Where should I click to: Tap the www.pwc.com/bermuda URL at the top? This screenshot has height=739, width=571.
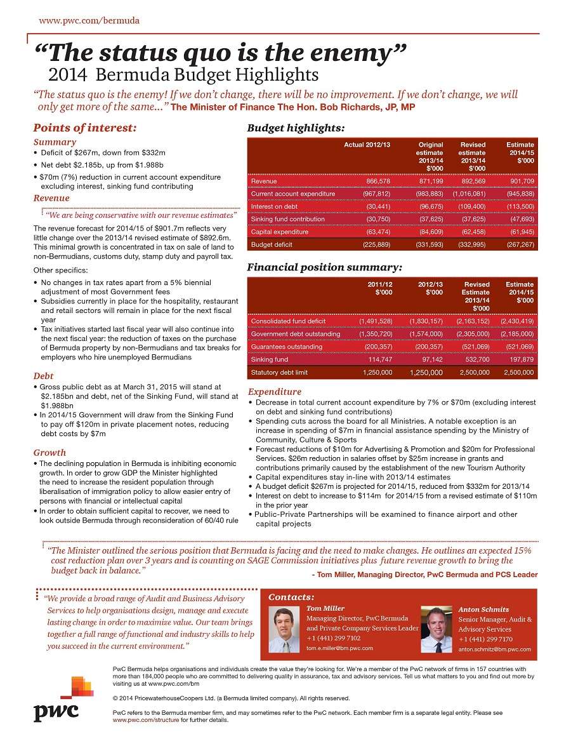(x=89, y=20)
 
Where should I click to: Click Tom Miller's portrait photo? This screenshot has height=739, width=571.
(x=284, y=630)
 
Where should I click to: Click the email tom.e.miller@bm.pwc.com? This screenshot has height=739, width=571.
(x=339, y=648)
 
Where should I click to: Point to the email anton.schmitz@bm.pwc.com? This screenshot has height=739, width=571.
(x=495, y=649)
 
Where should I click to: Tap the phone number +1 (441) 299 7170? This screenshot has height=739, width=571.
(x=485, y=639)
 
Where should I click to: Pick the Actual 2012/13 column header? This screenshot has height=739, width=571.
(x=367, y=145)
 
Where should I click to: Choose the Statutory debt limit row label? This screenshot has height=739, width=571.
(x=280, y=372)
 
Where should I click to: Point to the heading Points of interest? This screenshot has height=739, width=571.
(x=84, y=128)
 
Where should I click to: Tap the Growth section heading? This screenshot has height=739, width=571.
(x=49, y=453)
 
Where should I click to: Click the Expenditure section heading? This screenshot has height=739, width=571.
(x=275, y=392)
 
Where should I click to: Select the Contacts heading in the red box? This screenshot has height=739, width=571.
(x=291, y=597)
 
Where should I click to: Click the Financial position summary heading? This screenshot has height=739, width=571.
(x=324, y=267)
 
